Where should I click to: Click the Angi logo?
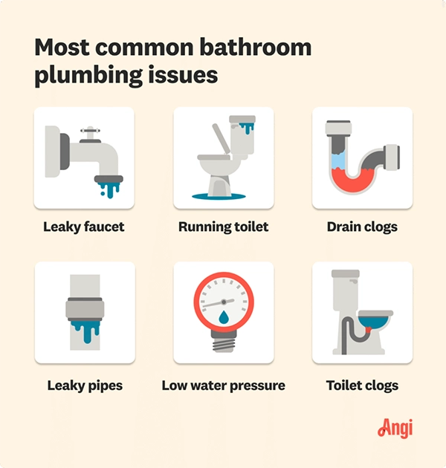pos(395,429)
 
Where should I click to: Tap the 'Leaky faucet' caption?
pos(84,227)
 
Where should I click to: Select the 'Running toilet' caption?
pos(223,227)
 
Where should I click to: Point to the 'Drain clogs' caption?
pos(362,227)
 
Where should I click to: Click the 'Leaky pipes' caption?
pos(83,386)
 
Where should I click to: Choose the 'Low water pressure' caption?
pos(223,386)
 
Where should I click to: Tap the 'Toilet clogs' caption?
pos(362,386)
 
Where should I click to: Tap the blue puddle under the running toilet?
pos(223,197)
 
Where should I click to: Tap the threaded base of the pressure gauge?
pos(224,342)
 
